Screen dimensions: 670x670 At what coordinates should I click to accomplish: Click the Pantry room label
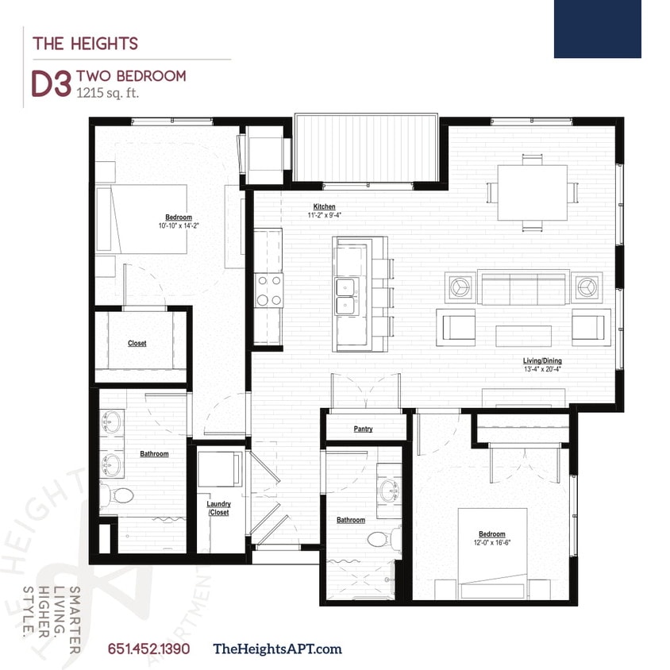[x=362, y=429]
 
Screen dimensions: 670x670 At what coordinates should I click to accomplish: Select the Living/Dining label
[x=542, y=360]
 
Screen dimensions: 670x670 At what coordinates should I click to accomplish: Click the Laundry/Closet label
[x=218, y=508]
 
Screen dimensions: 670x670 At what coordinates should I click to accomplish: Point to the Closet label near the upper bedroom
[x=137, y=344]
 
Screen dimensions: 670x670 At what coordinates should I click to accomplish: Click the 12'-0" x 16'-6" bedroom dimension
[x=491, y=543]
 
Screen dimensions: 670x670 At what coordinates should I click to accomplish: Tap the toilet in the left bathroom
[x=121, y=496]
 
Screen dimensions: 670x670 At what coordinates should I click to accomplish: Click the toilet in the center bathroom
[x=380, y=540]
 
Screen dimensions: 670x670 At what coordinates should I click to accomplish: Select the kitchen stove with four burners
[x=268, y=290]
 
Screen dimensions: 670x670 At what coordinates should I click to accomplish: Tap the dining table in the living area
[x=532, y=192]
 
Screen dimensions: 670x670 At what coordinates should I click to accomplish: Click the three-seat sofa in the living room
[x=523, y=287]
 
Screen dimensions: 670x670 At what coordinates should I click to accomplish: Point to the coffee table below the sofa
[x=523, y=335]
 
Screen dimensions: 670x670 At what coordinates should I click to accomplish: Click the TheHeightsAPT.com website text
[x=278, y=649]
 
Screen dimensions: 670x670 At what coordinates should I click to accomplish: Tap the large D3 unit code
[x=51, y=84]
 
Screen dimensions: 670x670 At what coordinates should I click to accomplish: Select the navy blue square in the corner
[x=597, y=29]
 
